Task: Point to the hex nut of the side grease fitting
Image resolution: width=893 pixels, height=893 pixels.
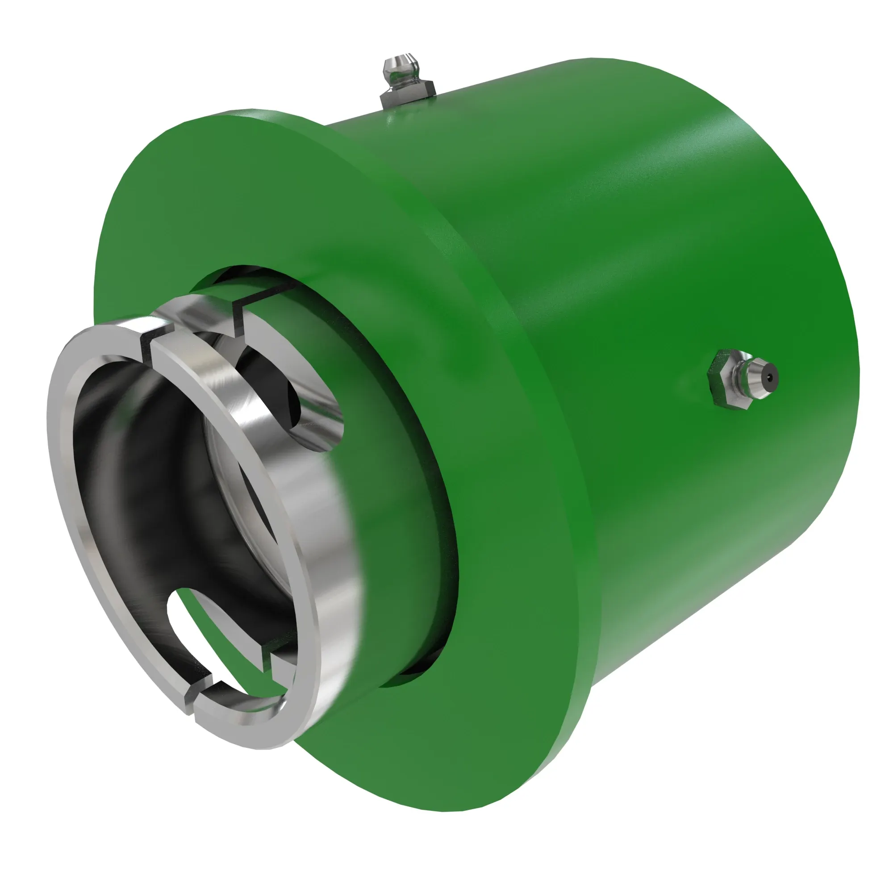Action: (723, 379)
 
